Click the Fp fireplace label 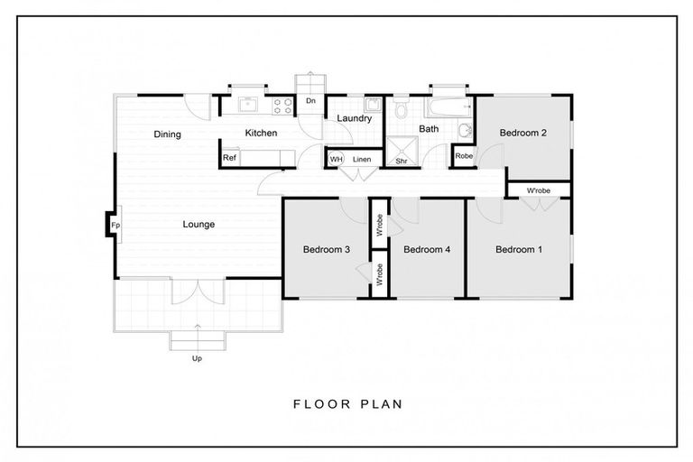115,225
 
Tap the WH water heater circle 336,159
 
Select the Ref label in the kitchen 229,157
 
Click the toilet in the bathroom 402,108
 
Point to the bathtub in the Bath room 448,106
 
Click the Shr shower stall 402,151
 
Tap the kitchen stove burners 282,106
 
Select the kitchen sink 249,105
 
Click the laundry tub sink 373,105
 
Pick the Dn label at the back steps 310,101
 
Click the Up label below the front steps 197,358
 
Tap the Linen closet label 362,159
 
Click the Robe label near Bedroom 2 464,156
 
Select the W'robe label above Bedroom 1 539,190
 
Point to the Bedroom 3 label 326,249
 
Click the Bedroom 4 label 427,249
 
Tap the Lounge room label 199,225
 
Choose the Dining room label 167,134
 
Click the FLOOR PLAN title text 347,403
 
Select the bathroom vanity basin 465,131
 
